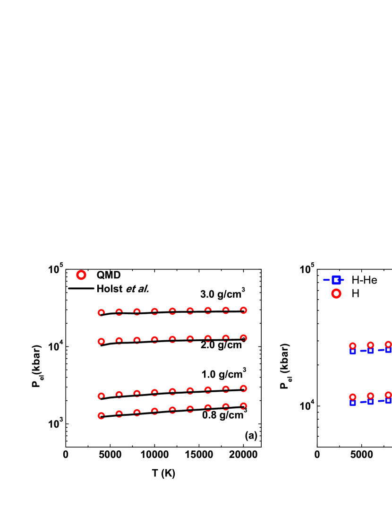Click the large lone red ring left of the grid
pyautogui.click(x=81, y=275)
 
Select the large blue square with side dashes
pyautogui.click(x=336, y=280)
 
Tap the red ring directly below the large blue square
pyautogui.click(x=336, y=293)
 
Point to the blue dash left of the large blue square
pyautogui.click(x=326, y=280)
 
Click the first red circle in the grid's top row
pyautogui.click(x=101, y=312)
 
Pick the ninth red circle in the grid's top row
pyautogui.click(x=243, y=310)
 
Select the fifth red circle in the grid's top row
pyautogui.click(x=172, y=311)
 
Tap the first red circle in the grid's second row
pyautogui.click(x=101, y=341)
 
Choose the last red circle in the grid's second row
pyautogui.click(x=243, y=338)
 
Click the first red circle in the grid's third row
pyautogui.click(x=101, y=396)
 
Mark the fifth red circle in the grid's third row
pyautogui.click(x=172, y=392)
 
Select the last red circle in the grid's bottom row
pyautogui.click(x=243, y=406)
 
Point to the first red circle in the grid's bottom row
pyautogui.click(x=101, y=416)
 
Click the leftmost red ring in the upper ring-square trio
pyautogui.click(x=353, y=345)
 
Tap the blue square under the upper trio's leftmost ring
pyautogui.click(x=353, y=352)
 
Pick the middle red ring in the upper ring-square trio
pyautogui.click(x=370, y=345)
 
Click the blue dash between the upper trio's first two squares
pyautogui.click(x=363, y=351)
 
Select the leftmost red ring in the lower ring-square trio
pyautogui.click(x=353, y=397)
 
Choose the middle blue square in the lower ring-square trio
pyautogui.click(x=370, y=402)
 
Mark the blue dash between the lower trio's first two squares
pyautogui.click(x=363, y=402)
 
